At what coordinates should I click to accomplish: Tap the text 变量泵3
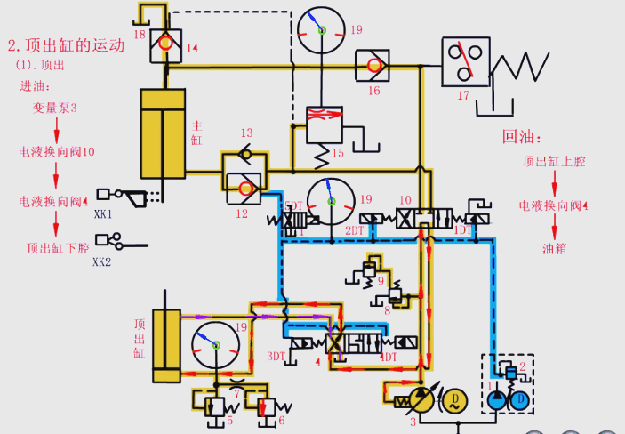(56, 108)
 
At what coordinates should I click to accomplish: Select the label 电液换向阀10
(57, 152)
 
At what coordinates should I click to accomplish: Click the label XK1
(103, 214)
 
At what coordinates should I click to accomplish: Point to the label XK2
(103, 261)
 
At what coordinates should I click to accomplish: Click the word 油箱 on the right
(554, 249)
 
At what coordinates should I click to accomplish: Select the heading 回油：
(522, 136)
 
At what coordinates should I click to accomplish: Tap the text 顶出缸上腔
(554, 162)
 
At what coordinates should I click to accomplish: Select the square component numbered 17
(466, 61)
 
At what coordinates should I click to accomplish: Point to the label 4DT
(389, 357)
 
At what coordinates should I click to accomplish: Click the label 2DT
(355, 230)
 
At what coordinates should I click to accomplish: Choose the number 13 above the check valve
(247, 133)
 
